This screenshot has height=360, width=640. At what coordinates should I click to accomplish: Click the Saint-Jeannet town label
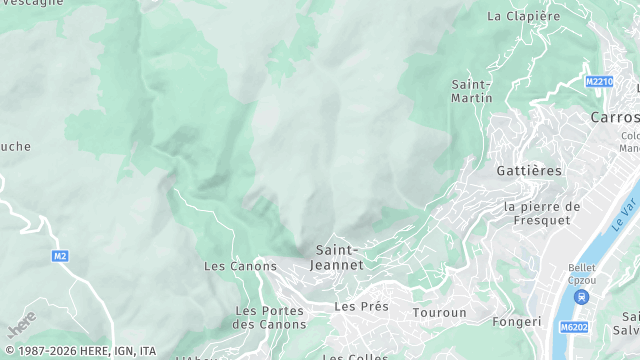click(339, 257)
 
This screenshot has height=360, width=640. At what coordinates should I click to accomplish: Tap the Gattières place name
click(528, 171)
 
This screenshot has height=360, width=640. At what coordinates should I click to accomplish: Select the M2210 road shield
click(598, 82)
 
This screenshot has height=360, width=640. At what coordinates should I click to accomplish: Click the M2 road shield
click(61, 256)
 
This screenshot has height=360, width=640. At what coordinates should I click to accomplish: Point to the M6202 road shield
click(573, 326)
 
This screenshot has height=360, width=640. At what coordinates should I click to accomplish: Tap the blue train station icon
click(581, 296)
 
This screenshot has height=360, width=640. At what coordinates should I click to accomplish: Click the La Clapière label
click(523, 16)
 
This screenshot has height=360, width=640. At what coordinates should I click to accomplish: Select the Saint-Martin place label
click(472, 91)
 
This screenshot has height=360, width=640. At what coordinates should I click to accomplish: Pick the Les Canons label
click(240, 266)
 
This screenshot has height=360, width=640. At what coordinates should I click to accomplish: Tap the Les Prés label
click(361, 306)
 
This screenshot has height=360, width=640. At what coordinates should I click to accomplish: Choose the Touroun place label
click(440, 313)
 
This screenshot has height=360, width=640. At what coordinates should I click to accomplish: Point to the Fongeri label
click(516, 322)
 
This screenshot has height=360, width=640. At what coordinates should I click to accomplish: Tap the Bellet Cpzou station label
click(582, 274)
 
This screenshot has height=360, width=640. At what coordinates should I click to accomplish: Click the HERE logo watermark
click(20, 324)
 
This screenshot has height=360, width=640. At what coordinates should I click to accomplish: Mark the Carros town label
click(615, 117)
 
